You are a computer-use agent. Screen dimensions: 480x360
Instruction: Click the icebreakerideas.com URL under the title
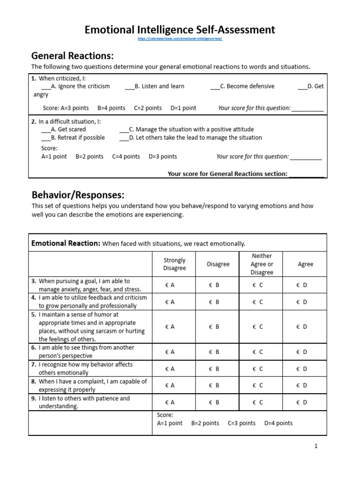click(180, 39)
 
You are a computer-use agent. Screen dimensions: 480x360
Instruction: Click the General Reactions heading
click(73, 56)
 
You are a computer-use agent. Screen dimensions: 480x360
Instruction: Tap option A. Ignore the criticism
click(75, 86)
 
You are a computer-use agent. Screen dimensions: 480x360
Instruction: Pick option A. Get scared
click(64, 129)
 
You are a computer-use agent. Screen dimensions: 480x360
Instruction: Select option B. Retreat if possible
click(73, 138)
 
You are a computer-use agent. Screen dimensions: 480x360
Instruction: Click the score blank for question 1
click(307, 108)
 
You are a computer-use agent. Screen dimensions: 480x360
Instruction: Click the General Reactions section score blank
click(307, 174)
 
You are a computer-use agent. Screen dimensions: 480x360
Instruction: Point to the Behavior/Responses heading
click(78, 195)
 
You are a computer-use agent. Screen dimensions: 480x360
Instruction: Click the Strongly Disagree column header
click(174, 264)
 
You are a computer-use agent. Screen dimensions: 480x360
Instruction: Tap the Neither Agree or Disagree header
click(262, 264)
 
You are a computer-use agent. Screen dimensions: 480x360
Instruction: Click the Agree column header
click(305, 264)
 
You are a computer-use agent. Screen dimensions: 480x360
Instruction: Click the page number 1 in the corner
click(316, 446)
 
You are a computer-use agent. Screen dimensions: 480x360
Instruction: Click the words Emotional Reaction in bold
click(66, 243)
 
